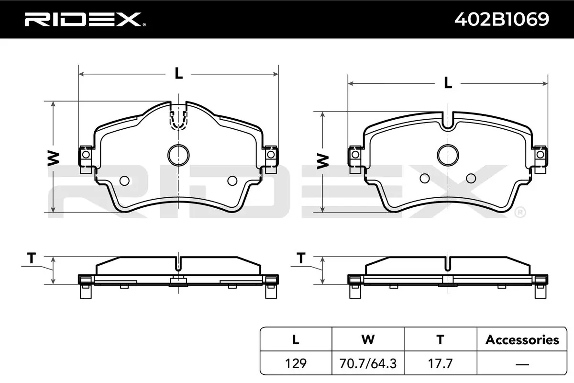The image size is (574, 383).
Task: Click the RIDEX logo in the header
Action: (85, 20)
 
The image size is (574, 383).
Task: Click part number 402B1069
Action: (502, 19)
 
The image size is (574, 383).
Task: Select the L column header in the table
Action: (296, 339)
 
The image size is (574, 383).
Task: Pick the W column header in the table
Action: (368, 339)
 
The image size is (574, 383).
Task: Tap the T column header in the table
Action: (440, 339)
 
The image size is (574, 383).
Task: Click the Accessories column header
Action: (522, 340)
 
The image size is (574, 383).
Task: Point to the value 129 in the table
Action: (296, 363)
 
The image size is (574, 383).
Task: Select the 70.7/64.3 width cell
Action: (368, 363)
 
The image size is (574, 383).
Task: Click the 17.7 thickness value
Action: (440, 363)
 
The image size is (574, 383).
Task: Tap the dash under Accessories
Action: (522, 364)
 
